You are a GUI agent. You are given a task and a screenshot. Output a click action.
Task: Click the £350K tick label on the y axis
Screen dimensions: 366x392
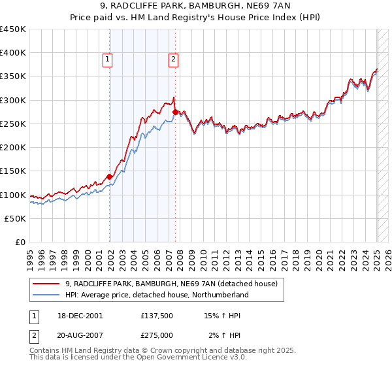point(12,76)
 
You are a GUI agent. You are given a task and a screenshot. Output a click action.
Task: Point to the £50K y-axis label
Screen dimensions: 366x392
point(15,219)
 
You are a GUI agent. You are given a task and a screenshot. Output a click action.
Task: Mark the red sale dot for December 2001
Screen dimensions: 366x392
point(109,176)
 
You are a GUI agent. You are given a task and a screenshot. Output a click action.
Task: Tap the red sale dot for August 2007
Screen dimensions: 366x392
point(175,112)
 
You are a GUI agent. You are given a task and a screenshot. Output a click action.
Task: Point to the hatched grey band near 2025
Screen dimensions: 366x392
point(382,137)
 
